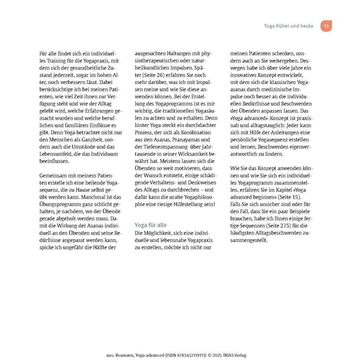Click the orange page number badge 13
[326, 26]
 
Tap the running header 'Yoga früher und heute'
[289, 26]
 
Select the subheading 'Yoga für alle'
[150, 225]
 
